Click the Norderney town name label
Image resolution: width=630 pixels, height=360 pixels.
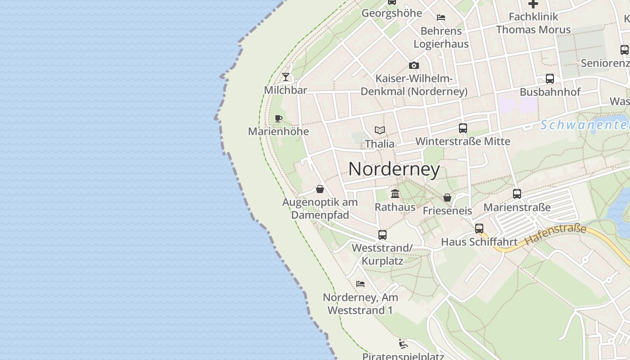point(394,169)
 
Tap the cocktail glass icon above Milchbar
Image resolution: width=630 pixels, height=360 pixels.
point(286,77)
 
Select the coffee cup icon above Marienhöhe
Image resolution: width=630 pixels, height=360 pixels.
point(279,119)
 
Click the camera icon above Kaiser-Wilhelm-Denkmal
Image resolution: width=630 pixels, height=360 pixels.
point(414,66)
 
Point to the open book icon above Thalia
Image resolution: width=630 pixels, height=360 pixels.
point(380,130)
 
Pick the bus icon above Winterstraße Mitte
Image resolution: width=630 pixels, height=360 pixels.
point(463,128)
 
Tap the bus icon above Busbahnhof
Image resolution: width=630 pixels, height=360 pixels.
point(550,79)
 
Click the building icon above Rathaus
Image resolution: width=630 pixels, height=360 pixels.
point(395,193)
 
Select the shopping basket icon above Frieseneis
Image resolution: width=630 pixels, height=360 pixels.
point(447,198)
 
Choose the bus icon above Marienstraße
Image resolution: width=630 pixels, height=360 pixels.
point(517,194)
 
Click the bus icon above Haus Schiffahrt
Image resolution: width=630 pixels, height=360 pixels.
point(479,228)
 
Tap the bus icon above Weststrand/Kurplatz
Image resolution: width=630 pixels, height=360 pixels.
point(382,234)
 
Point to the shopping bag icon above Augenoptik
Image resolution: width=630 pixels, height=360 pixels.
point(320,189)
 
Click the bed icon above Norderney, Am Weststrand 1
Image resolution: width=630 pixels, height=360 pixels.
point(360,284)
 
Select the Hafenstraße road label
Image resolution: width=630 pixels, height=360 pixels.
point(556,234)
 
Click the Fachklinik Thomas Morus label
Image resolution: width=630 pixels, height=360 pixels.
point(533,23)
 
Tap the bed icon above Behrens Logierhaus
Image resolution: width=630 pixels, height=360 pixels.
point(441,18)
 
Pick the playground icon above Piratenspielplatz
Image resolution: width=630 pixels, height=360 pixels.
point(403,344)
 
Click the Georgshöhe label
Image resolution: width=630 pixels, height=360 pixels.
point(392,13)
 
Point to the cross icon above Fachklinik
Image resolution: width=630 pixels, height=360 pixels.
point(533,4)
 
